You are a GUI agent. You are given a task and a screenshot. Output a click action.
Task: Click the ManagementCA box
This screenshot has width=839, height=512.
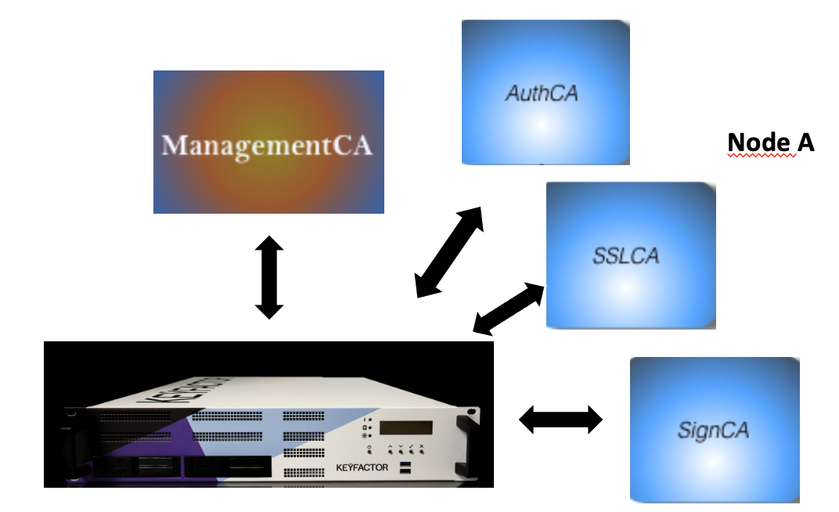[x=268, y=142]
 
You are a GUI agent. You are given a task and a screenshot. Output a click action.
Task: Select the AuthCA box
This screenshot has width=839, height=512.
[x=546, y=92]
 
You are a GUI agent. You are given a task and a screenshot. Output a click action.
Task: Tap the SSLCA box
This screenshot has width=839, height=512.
[x=630, y=255]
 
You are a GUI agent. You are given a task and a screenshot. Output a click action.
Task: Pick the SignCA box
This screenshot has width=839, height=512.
[x=714, y=429]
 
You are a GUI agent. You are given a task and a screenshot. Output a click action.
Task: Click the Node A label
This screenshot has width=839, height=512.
[x=771, y=142]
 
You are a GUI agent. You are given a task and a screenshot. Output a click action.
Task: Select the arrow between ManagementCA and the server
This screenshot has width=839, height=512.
[x=268, y=277]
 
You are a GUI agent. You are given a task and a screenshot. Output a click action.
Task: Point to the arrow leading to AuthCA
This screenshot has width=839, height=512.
[x=449, y=252]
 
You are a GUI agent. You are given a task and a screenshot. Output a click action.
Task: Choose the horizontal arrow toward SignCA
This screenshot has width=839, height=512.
[x=561, y=420]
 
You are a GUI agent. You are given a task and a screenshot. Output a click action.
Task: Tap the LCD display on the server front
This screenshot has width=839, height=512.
[x=405, y=427]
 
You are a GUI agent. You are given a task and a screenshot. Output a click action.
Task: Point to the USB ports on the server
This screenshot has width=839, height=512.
[x=405, y=469]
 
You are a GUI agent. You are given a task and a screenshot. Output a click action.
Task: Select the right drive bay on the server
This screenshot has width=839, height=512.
[x=227, y=467]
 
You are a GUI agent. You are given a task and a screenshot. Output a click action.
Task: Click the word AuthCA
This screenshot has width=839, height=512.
[x=542, y=93]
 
